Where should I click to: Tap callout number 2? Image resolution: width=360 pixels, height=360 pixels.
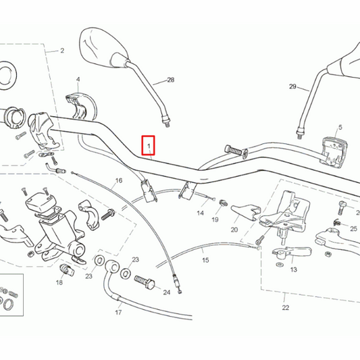[61, 51]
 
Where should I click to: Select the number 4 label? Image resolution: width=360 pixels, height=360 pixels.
[78, 79]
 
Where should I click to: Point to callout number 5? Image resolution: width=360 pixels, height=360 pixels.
[340, 127]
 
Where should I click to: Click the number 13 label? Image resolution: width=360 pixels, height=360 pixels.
[293, 269]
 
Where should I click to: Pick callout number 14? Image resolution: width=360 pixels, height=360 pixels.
[200, 213]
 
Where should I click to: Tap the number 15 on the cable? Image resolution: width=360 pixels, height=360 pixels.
[207, 249]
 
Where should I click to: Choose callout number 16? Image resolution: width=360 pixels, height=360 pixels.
[119, 180]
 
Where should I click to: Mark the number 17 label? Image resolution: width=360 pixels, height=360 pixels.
[118, 313]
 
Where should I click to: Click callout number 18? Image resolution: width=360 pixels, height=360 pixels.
[59, 282]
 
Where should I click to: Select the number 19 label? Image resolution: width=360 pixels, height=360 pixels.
[215, 220]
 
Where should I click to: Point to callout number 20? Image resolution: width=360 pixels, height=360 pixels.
[234, 229]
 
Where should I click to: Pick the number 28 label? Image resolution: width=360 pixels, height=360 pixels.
[170, 80]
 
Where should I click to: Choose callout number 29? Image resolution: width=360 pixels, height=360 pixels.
[292, 86]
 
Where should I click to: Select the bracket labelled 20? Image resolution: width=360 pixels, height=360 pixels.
[244, 212]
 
